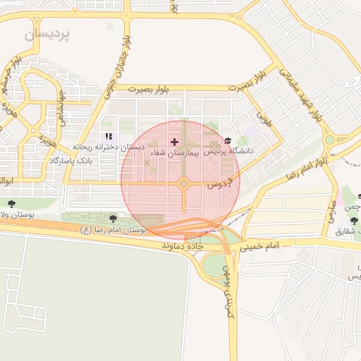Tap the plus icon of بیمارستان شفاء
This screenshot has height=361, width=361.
point(175,142)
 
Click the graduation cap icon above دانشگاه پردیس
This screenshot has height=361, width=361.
point(227,142)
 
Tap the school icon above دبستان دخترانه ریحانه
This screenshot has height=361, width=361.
point(109,136)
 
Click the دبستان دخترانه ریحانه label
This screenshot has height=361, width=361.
point(111,147)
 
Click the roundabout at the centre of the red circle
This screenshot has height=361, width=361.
point(183,184)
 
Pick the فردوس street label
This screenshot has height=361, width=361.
point(219,185)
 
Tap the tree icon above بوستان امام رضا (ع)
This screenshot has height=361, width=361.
point(114,219)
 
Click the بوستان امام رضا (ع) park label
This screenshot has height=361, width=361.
point(114,230)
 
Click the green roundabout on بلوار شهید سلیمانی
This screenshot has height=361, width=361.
point(329,140)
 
